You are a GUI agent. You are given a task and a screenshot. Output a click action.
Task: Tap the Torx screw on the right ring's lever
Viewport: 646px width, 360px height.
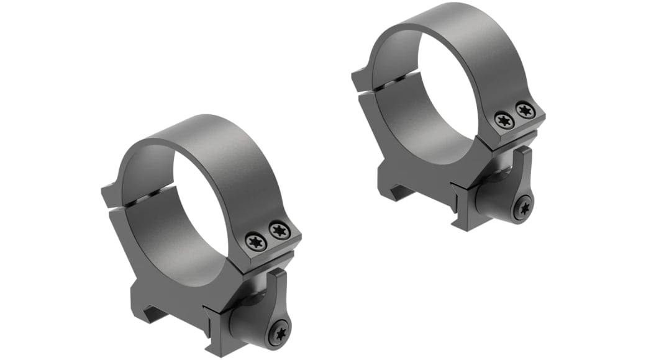[524, 208]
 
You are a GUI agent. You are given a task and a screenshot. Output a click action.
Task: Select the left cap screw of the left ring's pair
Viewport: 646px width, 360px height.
[256, 241]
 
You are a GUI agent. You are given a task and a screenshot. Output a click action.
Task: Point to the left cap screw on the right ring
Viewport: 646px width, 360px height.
[503, 120]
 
